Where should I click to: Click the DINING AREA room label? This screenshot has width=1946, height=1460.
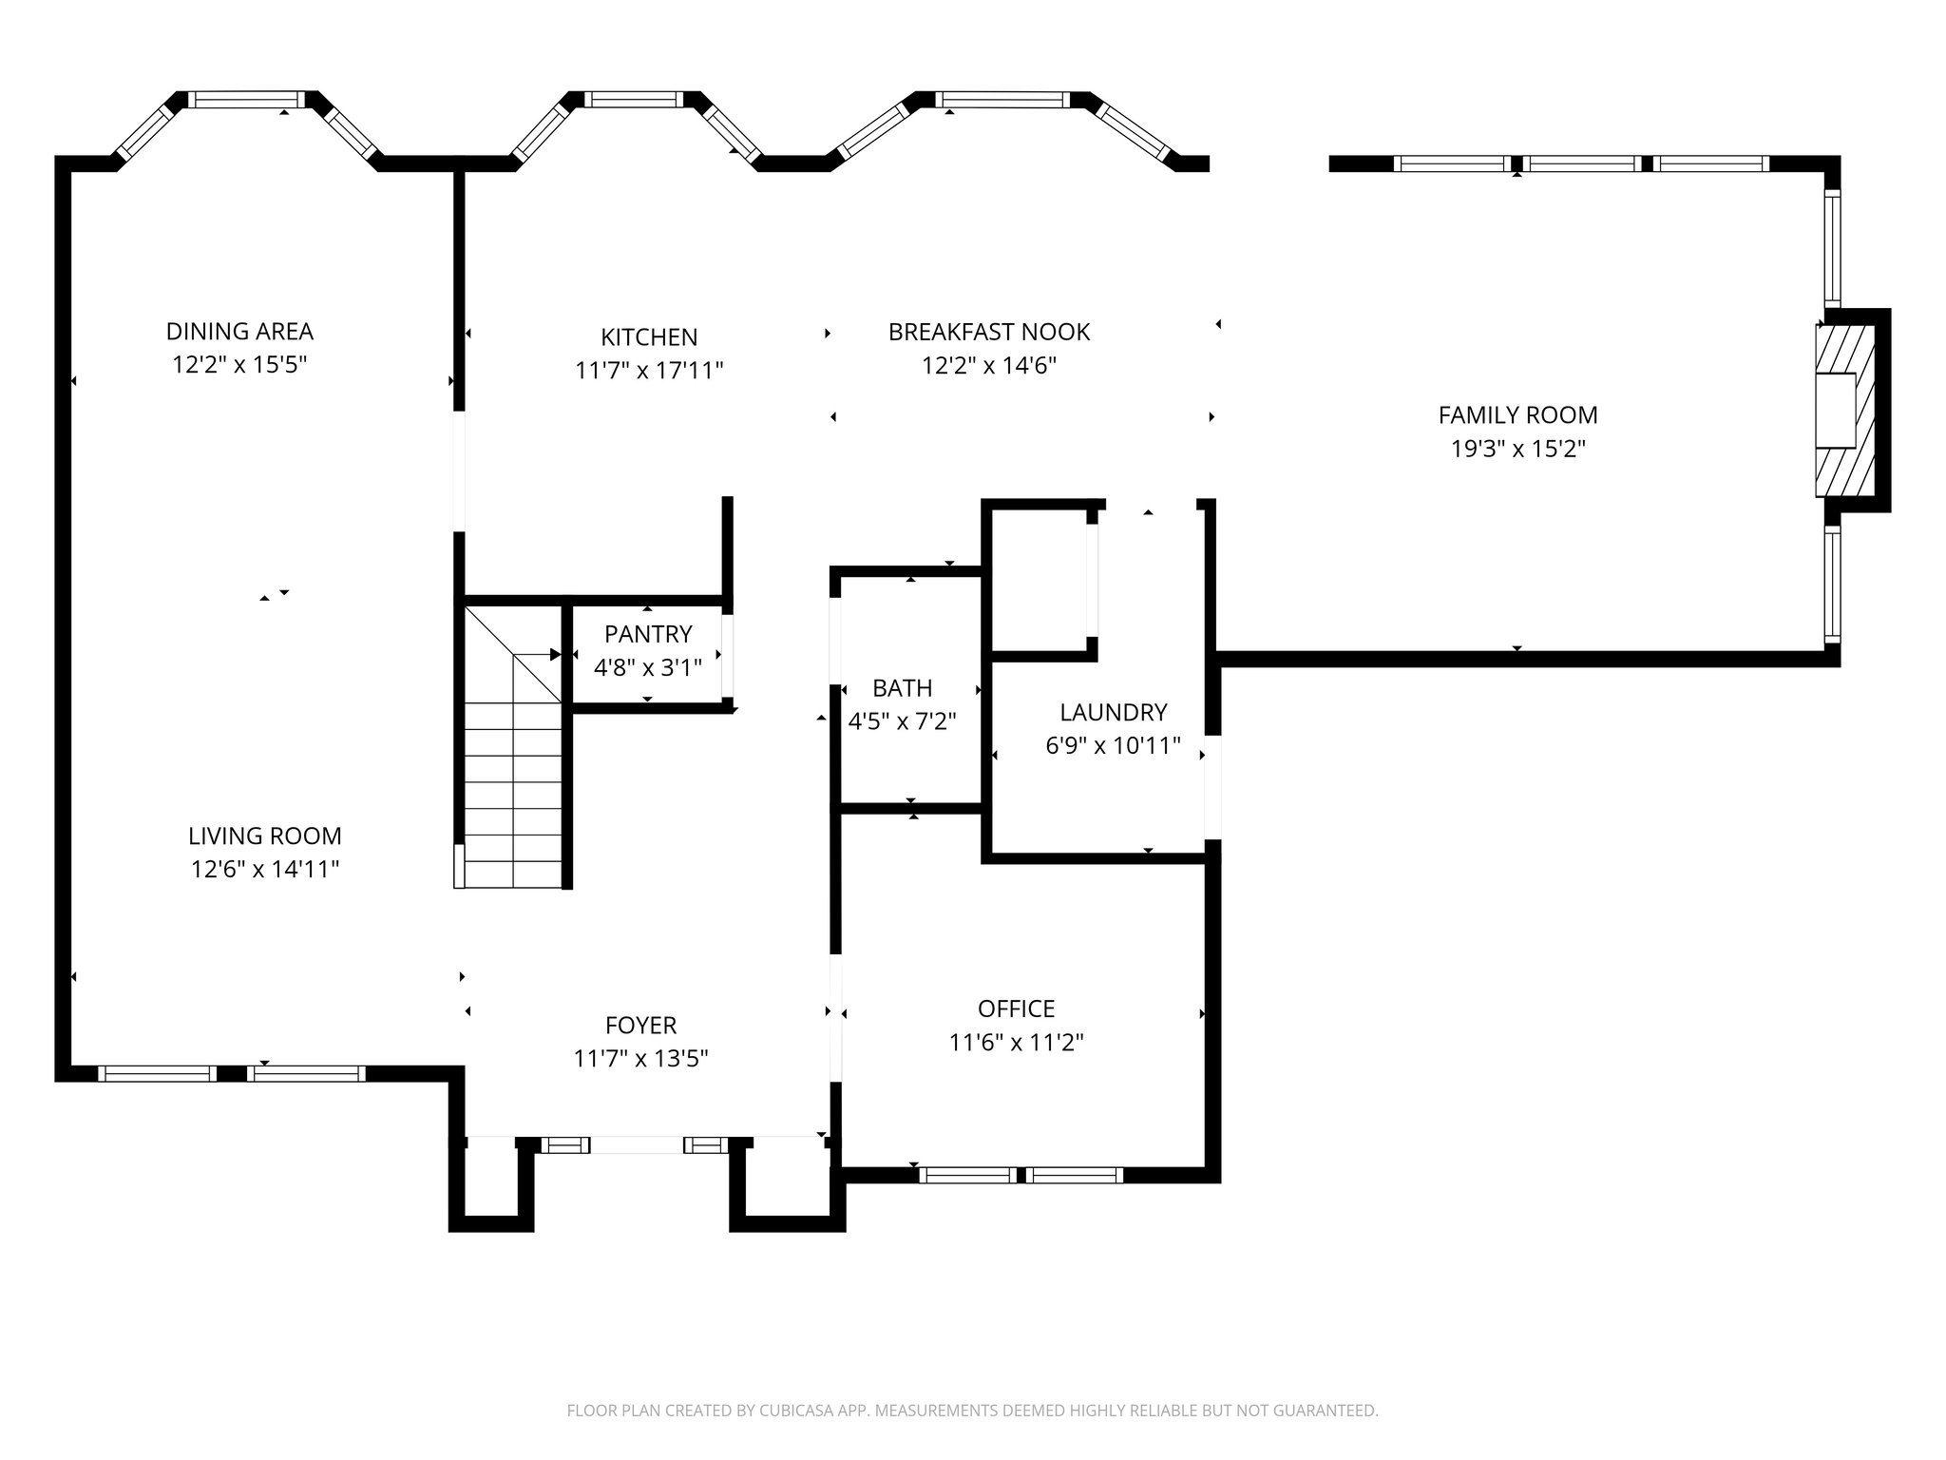(239, 332)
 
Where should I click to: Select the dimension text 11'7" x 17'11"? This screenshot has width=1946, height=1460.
(649, 371)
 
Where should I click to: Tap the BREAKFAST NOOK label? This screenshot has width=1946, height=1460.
(988, 333)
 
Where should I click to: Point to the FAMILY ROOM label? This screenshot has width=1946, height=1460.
(1517, 415)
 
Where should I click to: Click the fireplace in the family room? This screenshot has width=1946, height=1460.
(1844, 411)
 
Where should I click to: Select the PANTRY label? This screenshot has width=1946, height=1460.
(648, 634)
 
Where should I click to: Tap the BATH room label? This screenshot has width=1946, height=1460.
(902, 688)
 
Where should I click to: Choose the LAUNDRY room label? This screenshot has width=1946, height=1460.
(1113, 713)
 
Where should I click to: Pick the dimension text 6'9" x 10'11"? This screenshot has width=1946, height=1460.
(1113, 746)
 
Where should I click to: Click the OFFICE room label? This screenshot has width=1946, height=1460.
(1016, 1009)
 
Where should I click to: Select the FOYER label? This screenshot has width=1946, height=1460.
(640, 1026)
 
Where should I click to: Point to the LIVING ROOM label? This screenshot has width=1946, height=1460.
(264, 836)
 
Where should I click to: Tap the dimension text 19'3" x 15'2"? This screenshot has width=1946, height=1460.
(1517, 449)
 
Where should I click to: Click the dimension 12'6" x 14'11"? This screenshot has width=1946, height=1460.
(264, 870)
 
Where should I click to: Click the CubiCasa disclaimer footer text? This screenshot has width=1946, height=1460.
(972, 1411)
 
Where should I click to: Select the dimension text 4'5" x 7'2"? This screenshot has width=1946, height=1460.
(902, 721)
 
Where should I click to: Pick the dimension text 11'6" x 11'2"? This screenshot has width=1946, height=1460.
(1016, 1043)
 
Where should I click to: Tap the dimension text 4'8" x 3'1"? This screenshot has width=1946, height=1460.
(648, 668)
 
